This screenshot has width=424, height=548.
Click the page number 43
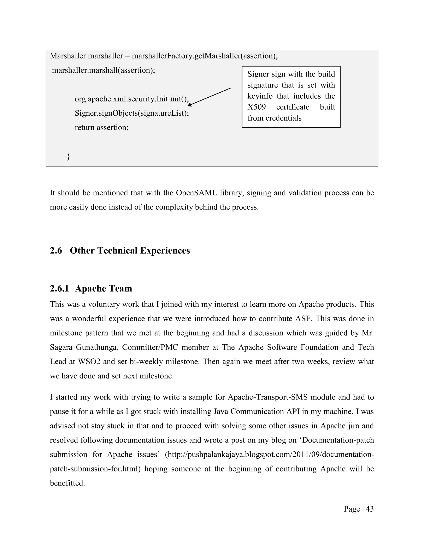[x=370, y=509]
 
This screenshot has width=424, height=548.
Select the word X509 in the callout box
[x=257, y=107]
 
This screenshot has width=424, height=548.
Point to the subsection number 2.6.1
[x=59, y=288]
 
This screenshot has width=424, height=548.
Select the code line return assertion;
[x=101, y=127]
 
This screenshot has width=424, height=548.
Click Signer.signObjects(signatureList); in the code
[x=132, y=113]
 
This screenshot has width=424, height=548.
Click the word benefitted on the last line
[x=67, y=483]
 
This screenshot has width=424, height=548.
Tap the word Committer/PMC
[x=150, y=347]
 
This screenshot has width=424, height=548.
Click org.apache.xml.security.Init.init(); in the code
[x=132, y=99]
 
